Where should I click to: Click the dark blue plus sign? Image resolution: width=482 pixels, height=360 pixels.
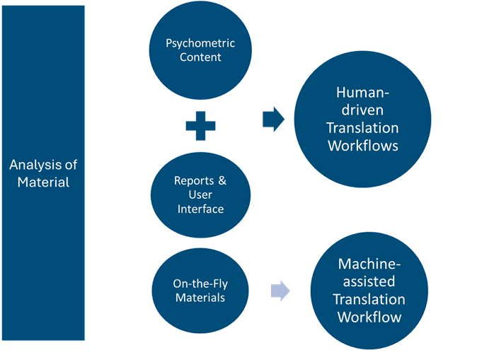click(200, 126)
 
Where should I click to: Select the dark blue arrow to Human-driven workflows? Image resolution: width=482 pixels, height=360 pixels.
click(273, 120)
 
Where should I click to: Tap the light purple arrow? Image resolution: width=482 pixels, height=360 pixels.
click(280, 291)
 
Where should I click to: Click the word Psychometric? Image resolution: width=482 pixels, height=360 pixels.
click(200, 43)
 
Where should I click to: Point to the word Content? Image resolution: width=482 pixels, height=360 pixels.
click(200, 57)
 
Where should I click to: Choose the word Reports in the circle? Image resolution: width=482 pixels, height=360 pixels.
click(192, 180)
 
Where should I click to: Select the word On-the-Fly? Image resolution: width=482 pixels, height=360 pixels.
click(200, 284)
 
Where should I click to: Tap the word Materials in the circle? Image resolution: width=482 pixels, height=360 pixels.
click(200, 298)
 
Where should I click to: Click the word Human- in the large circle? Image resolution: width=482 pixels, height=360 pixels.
click(362, 93)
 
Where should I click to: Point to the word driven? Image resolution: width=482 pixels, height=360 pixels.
click(362, 110)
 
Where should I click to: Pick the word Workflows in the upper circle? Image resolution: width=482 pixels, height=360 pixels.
click(362, 146)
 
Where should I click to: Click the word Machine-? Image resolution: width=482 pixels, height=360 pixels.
click(369, 264)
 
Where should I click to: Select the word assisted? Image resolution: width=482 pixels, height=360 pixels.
click(369, 281)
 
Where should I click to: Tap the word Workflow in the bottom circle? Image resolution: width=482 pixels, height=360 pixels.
click(369, 316)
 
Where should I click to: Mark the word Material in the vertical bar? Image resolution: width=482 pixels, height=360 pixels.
click(43, 182)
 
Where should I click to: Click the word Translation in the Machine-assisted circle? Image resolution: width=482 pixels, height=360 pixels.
click(369, 299)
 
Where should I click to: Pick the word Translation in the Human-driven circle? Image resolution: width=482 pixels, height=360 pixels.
click(362, 128)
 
